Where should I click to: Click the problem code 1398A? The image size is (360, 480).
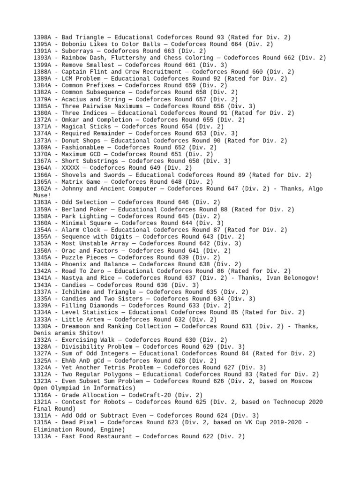pyautogui.click(x=43, y=37)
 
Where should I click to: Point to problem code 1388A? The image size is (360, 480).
pyautogui.click(x=43, y=72)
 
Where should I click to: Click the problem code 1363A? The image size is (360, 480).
pyautogui.click(x=43, y=202)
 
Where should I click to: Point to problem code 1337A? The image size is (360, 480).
pyautogui.click(x=43, y=292)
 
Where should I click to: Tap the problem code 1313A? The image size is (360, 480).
pyautogui.click(x=43, y=436)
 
